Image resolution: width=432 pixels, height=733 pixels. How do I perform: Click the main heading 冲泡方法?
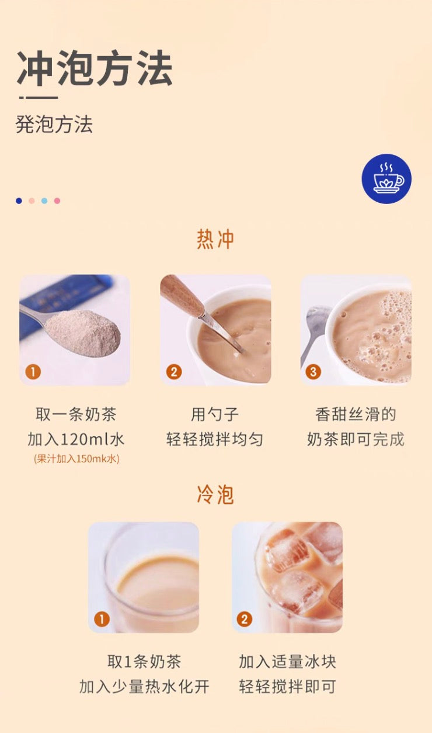pos(95,69)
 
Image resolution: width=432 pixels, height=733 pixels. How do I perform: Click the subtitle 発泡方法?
pos(54,125)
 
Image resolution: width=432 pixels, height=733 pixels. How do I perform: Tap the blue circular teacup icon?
pos(386,179)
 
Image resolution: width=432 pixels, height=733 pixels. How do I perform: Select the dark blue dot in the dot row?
pos(19,201)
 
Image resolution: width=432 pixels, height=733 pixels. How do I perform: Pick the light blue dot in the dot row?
pos(44,201)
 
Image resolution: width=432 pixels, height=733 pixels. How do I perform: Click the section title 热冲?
pos(215,240)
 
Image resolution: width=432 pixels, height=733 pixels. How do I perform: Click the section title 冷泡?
pos(215,495)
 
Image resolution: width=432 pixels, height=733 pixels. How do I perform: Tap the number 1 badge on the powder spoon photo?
pos(33,372)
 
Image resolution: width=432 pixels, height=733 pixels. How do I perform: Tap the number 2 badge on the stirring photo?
pos(174,372)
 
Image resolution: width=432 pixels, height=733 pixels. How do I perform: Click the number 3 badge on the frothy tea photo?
pos(313,372)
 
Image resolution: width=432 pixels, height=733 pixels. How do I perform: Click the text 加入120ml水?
pos(76,440)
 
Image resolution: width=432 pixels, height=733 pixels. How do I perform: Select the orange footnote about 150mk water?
pos(76,459)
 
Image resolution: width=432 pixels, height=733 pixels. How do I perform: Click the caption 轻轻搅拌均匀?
pos(215,440)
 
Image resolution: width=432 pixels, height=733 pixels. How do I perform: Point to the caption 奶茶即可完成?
pos(356,440)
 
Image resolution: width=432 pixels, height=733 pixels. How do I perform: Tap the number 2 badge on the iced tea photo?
pos(245,619)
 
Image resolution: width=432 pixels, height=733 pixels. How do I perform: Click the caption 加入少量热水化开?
pos(144,687)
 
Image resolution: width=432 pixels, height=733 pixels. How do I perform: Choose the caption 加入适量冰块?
pos(287,662)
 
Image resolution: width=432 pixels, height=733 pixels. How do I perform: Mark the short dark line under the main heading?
pos(39,98)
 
